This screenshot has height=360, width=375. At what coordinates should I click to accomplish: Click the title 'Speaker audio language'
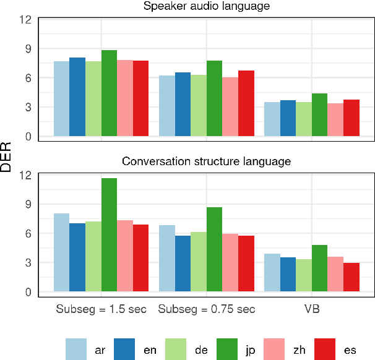click(207, 7)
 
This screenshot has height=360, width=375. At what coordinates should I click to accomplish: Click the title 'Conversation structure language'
click(207, 162)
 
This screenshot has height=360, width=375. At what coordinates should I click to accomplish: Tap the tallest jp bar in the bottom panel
click(109, 235)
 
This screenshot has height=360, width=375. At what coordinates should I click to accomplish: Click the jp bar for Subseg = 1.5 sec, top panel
click(109, 93)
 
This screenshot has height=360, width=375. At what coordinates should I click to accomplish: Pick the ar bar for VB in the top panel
click(272, 119)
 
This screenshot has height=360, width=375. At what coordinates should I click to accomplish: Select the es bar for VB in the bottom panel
click(351, 277)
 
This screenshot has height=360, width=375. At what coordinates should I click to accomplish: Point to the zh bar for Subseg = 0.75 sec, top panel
click(230, 106)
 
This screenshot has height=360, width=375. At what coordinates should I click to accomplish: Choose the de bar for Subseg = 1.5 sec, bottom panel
click(93, 256)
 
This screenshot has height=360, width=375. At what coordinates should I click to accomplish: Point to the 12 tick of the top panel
click(25, 19)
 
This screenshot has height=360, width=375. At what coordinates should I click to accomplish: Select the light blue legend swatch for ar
click(76, 349)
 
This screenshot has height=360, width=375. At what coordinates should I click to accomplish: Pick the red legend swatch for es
click(325, 349)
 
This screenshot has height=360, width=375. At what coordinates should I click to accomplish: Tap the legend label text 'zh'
click(300, 350)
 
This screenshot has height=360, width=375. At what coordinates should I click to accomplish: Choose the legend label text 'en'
click(150, 350)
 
